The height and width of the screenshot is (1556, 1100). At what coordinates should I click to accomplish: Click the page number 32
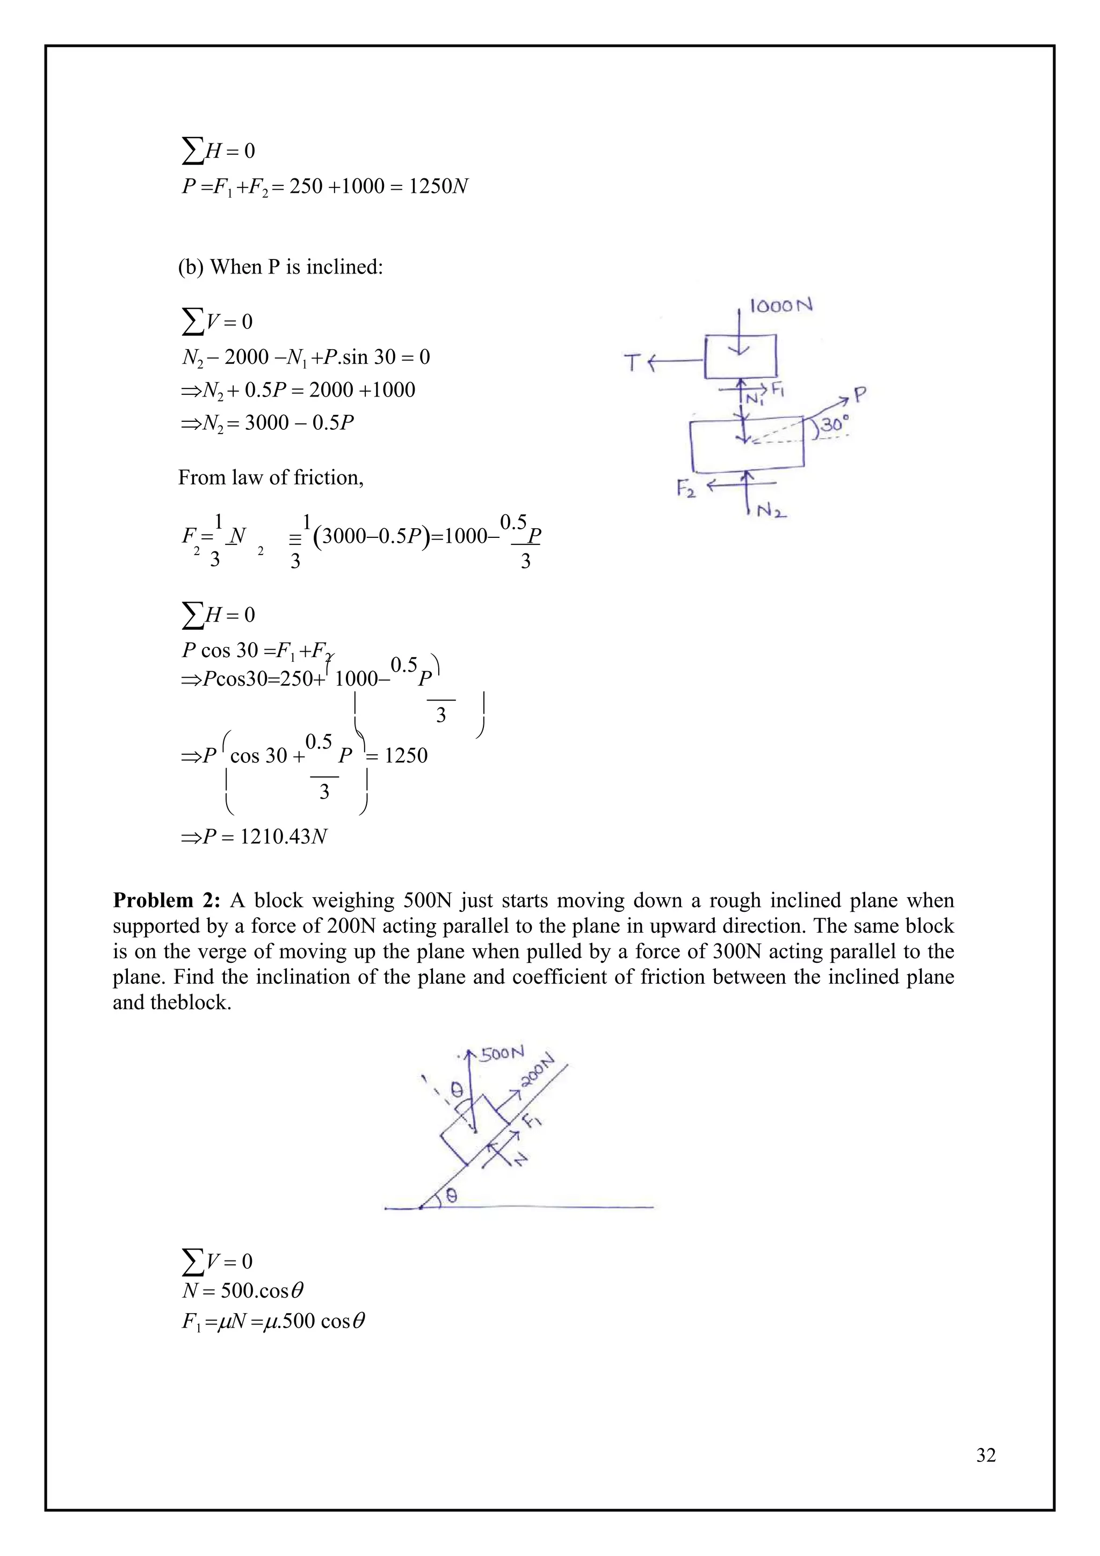pyautogui.click(x=986, y=1455)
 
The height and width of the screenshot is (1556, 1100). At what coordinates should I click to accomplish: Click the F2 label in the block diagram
pyautogui.click(x=685, y=488)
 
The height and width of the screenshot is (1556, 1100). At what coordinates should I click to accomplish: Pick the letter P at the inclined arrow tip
pyautogui.click(x=860, y=394)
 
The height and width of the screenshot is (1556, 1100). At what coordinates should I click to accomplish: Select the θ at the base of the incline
pyautogui.click(x=452, y=1196)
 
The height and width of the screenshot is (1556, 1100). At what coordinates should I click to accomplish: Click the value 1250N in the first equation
pyautogui.click(x=438, y=186)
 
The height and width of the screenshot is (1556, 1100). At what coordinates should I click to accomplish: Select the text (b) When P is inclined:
pyautogui.click(x=280, y=267)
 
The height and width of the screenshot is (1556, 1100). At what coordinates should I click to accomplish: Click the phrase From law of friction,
pyautogui.click(x=270, y=478)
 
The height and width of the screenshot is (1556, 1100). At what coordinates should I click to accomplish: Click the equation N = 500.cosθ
pyautogui.click(x=242, y=1291)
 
